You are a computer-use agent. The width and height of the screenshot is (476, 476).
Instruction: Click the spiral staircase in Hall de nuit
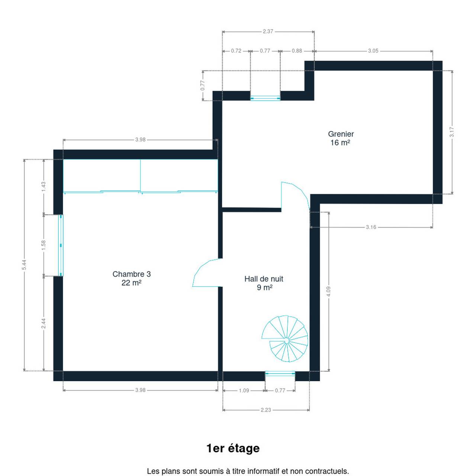285,339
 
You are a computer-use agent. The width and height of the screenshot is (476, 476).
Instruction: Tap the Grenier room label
341,138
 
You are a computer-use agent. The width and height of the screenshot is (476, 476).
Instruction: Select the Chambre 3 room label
131,279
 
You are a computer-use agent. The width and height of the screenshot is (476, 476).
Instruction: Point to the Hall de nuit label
264,283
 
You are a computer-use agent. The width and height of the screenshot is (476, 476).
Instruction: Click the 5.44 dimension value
24,265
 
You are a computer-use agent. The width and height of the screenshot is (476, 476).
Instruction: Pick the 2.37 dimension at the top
268,31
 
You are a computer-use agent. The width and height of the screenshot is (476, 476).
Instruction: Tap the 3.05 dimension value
373,51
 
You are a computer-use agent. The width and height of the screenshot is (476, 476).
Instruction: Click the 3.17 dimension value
452,132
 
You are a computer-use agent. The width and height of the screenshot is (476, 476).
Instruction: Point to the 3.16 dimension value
371,227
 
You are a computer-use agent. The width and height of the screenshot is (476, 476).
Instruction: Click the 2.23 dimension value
266,410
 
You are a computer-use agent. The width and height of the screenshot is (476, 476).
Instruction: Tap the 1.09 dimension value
244,390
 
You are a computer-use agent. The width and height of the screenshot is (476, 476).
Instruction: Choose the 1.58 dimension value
44,245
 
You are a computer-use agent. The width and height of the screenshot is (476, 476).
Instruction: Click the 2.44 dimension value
44,323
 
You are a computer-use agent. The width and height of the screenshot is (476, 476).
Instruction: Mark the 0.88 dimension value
297,51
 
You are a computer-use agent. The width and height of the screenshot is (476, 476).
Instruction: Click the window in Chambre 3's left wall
61,245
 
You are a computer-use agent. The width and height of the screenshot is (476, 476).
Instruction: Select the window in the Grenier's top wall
265,98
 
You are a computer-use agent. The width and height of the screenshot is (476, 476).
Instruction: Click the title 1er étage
233,448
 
